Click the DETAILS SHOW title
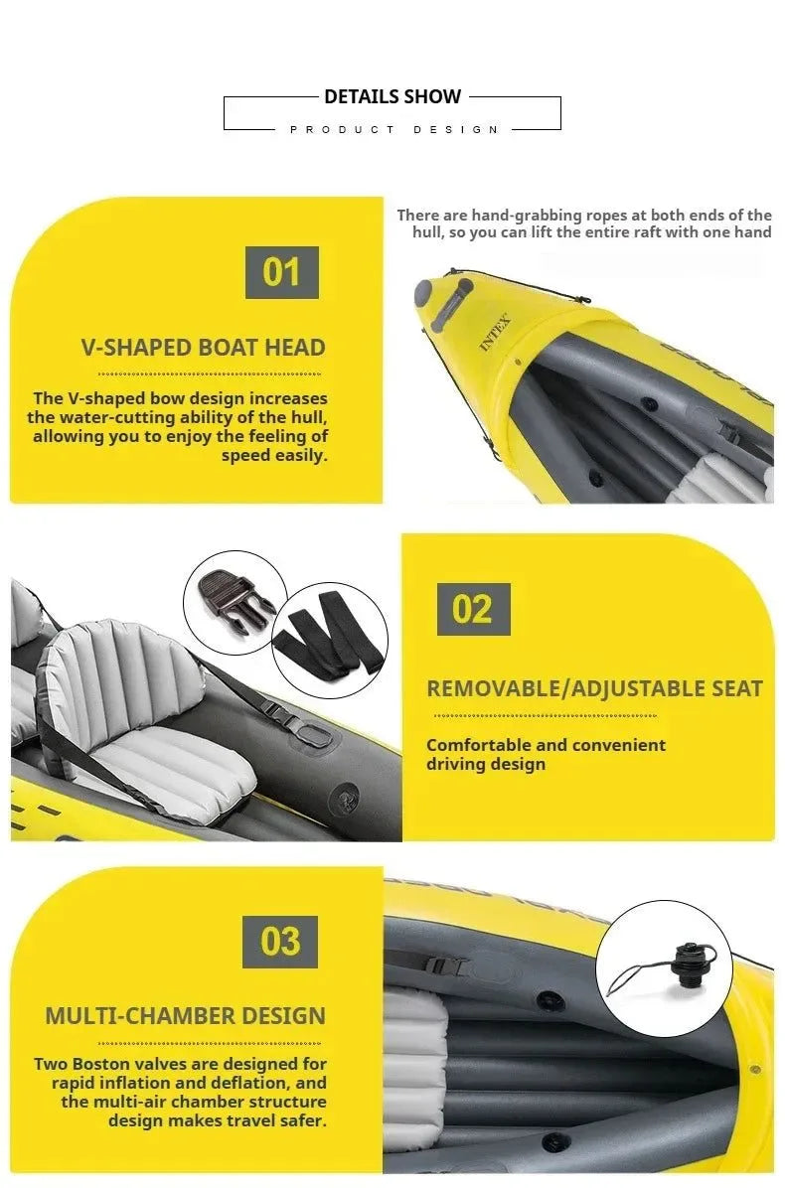coord(392,97)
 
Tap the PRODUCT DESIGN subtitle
coord(393,130)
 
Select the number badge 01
coord(282,271)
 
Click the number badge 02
coord(473,609)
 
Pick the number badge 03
coord(280,942)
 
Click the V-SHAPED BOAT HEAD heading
coord(204,348)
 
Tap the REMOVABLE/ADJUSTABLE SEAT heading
coord(594,688)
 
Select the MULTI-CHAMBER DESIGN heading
coord(185,1016)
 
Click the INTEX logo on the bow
coord(495,333)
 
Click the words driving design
coord(486,764)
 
